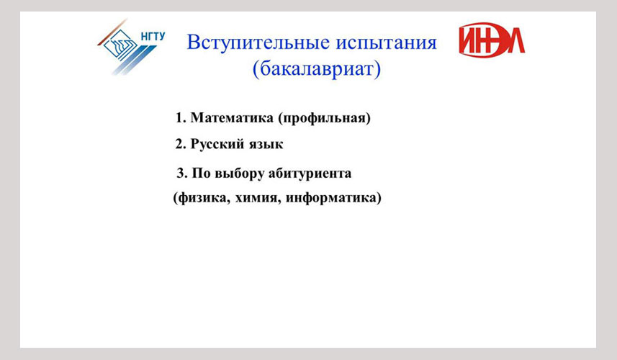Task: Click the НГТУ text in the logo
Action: click(x=153, y=36)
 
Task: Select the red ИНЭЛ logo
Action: click(x=492, y=40)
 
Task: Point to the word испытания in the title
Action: click(x=386, y=43)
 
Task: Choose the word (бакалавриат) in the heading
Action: click(x=317, y=70)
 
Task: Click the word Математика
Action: click(x=232, y=117)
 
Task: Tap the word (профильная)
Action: click(x=324, y=118)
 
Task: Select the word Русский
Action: click(x=212, y=145)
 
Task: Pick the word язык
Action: click(x=261, y=145)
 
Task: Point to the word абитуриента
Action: click(x=310, y=174)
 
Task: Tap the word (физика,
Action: click(x=202, y=197)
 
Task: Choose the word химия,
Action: click(x=258, y=198)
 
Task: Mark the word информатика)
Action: click(x=333, y=197)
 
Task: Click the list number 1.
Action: click(x=180, y=117)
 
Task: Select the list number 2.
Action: click(x=180, y=144)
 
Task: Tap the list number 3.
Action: click(x=182, y=173)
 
